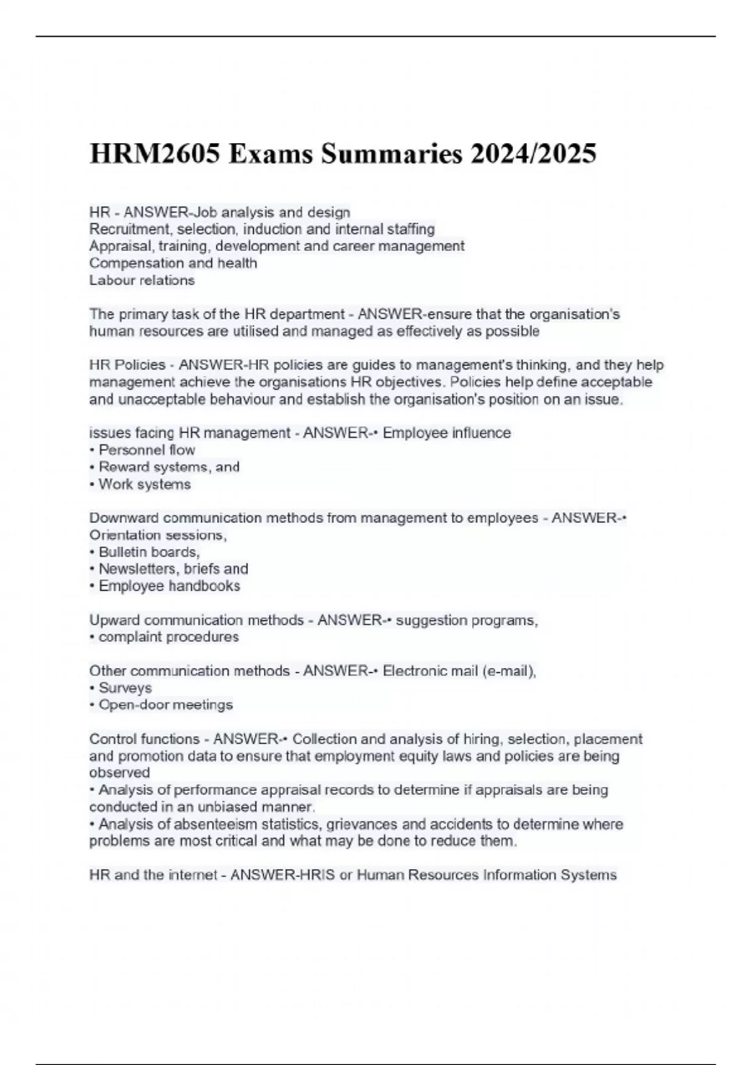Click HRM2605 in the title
coord(155,154)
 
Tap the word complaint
coord(129,637)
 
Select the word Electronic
coord(414,671)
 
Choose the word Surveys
coord(125,688)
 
